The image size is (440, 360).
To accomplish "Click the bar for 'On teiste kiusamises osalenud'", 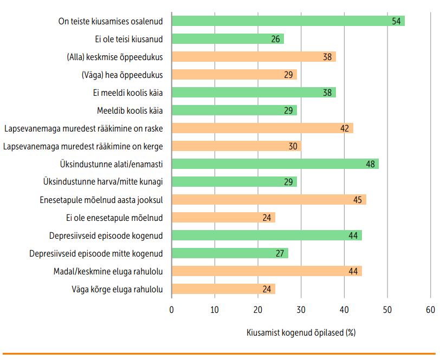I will [x=287, y=21].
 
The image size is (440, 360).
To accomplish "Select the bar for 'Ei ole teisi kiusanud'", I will [x=228, y=39].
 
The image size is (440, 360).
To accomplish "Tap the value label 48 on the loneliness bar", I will [x=370, y=164].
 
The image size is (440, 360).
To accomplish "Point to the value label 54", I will [x=396, y=21].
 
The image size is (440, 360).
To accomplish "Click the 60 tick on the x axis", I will [x=430, y=310].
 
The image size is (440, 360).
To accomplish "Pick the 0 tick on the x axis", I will [x=172, y=310].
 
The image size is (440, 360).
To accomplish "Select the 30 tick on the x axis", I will [x=301, y=310].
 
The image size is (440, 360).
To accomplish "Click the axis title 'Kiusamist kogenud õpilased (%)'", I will [x=301, y=332].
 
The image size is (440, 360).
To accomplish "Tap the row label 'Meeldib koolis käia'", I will [x=130, y=110].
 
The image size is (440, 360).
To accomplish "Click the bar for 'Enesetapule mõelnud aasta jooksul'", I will [x=268, y=200].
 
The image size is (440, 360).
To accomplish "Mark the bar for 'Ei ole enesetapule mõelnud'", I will [x=223, y=218].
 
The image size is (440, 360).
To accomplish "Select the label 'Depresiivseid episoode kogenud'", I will [x=106, y=235].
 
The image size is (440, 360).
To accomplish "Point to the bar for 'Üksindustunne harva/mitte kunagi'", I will [x=234, y=182].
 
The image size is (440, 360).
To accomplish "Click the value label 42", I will [x=344, y=128].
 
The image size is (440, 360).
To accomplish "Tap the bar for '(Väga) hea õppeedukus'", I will [x=234, y=75].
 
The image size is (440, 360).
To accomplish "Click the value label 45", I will [x=357, y=200].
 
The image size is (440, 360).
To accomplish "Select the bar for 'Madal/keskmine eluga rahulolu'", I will [x=266, y=271].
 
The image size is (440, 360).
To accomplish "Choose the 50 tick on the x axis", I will [x=387, y=310].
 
